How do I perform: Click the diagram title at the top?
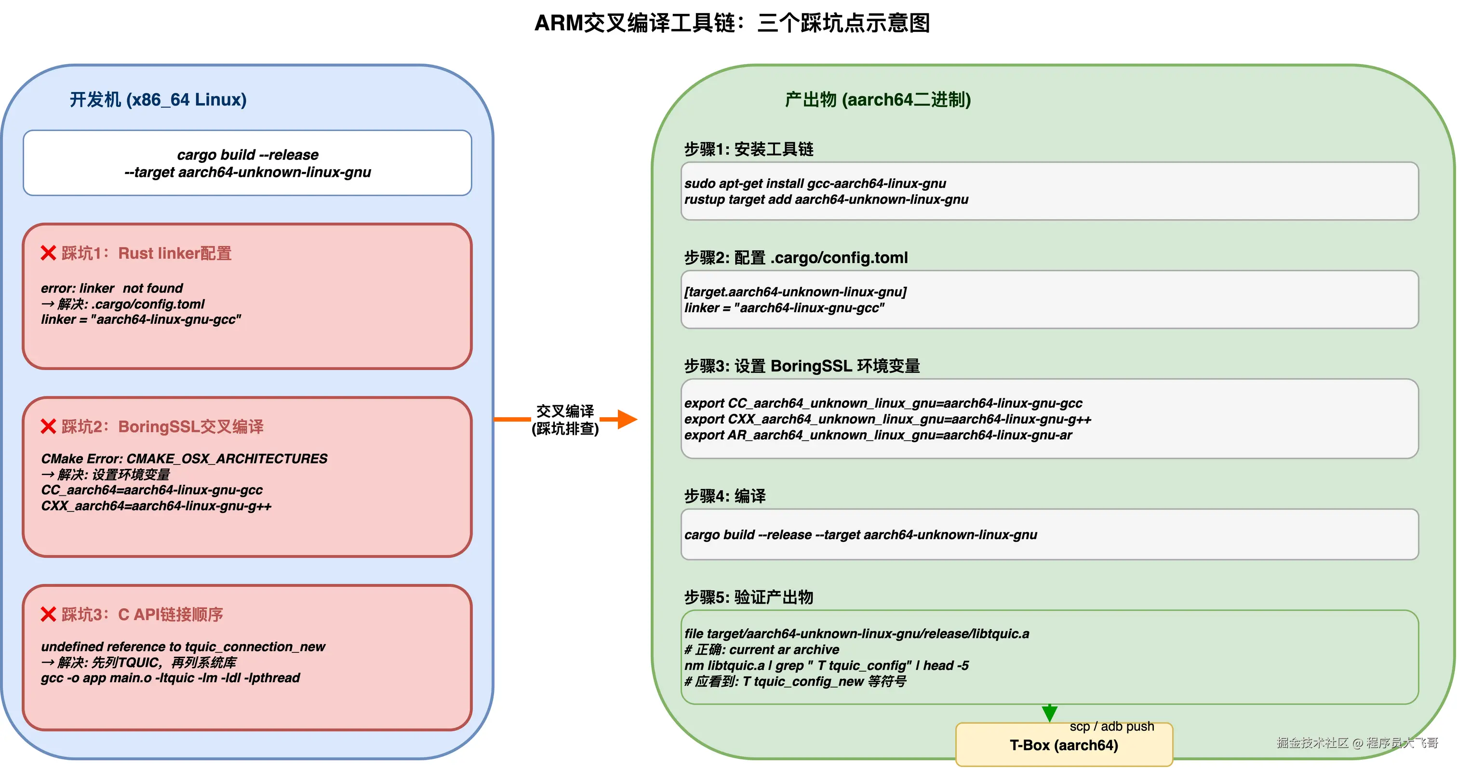(732, 23)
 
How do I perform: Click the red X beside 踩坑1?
(49, 253)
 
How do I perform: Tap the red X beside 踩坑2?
(49, 426)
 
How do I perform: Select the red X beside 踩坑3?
(49, 614)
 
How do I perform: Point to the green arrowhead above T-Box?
(1049, 713)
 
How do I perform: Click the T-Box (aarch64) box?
(1063, 745)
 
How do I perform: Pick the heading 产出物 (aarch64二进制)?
(877, 100)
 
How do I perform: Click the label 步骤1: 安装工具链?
(749, 149)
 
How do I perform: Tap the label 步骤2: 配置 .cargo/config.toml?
(795, 258)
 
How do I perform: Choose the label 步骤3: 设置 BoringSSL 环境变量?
(802, 366)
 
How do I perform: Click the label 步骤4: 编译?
(724, 496)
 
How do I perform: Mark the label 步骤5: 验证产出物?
(749, 597)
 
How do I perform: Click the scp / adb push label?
(1111, 726)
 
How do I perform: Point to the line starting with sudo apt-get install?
(815, 183)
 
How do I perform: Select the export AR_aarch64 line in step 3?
(877, 435)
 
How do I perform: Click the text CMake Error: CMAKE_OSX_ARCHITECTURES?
(184, 459)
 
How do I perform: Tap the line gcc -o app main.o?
(170, 677)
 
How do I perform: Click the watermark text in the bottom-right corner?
(1357, 742)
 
